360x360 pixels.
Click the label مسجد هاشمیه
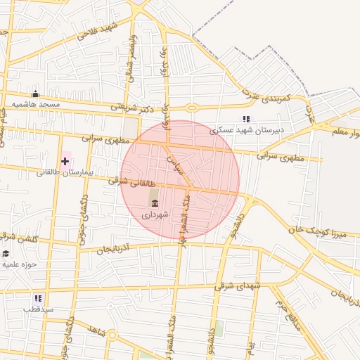click(x=39, y=105)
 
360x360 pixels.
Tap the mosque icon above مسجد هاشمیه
click(x=35, y=94)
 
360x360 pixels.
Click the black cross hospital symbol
click(x=65, y=161)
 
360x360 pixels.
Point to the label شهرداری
click(x=155, y=214)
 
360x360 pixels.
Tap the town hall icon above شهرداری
click(x=155, y=204)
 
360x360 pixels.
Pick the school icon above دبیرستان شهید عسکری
click(x=246, y=119)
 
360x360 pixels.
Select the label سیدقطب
click(x=39, y=309)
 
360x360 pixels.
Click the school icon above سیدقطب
click(x=39, y=298)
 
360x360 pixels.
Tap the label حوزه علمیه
click(x=19, y=264)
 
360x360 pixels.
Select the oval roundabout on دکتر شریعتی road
click(x=191, y=108)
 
